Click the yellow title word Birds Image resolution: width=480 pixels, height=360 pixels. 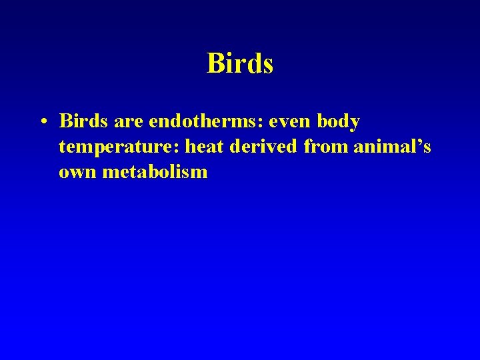pyautogui.click(x=240, y=64)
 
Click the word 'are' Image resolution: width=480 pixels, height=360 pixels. pyautogui.click(x=128, y=123)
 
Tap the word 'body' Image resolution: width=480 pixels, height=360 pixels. pyautogui.click(x=339, y=123)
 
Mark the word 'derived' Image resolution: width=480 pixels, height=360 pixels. pyautogui.click(x=264, y=147)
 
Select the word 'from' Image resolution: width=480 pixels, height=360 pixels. pyautogui.click(x=326, y=147)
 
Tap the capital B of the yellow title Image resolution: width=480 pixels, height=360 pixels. pyautogui.click(x=215, y=64)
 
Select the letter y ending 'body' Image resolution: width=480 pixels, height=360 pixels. pyautogui.click(x=355, y=125)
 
